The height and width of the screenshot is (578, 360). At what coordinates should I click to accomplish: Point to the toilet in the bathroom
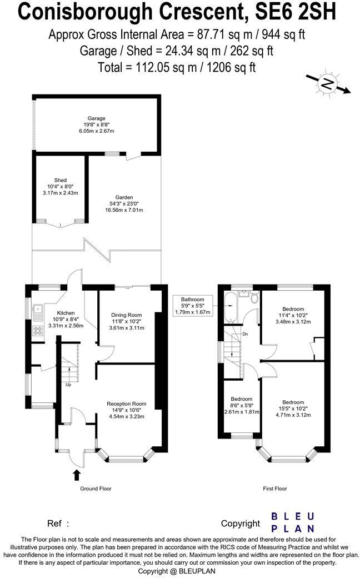coord(254,298)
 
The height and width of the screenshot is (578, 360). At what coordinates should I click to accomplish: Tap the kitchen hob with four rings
coord(39,331)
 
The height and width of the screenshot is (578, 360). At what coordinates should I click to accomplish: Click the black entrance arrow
coord(76,474)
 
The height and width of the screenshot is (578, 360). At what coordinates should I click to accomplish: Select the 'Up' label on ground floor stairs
coord(68,385)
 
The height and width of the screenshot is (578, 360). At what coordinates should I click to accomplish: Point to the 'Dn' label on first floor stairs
coord(245,334)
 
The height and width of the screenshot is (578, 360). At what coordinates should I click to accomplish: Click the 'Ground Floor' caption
coord(96,489)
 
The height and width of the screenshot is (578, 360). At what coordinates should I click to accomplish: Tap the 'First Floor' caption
coord(274,489)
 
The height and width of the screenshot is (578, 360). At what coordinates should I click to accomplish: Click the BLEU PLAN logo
coord(292,522)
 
